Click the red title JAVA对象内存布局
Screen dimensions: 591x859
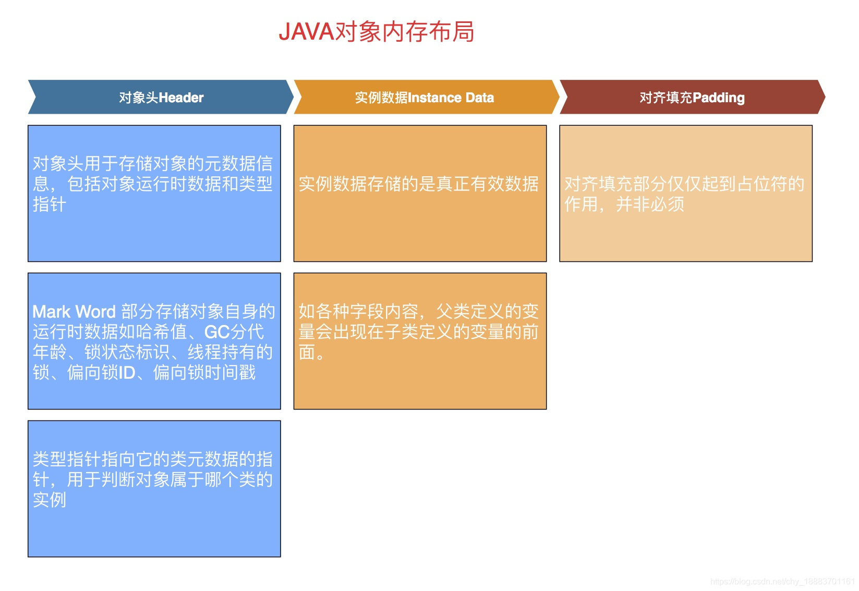coord(376,32)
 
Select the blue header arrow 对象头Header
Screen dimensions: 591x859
coord(161,98)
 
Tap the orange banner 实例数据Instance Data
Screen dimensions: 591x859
coord(424,98)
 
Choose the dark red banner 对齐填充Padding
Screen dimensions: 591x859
coord(692,98)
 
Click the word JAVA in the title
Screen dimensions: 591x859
coord(306,32)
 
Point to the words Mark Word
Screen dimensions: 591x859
coord(74,312)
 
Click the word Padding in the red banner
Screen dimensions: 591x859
coord(718,98)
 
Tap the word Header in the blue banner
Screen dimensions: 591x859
coord(180,98)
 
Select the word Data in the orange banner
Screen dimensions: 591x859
coord(479,98)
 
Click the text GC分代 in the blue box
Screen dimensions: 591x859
coord(234,332)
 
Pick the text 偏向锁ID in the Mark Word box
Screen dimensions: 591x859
coord(101,373)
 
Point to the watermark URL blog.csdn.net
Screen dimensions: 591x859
coord(782,582)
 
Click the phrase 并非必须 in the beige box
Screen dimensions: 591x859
coord(650,204)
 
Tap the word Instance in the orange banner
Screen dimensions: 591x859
coord(434,98)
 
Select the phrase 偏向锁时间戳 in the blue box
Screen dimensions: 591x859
coord(204,373)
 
